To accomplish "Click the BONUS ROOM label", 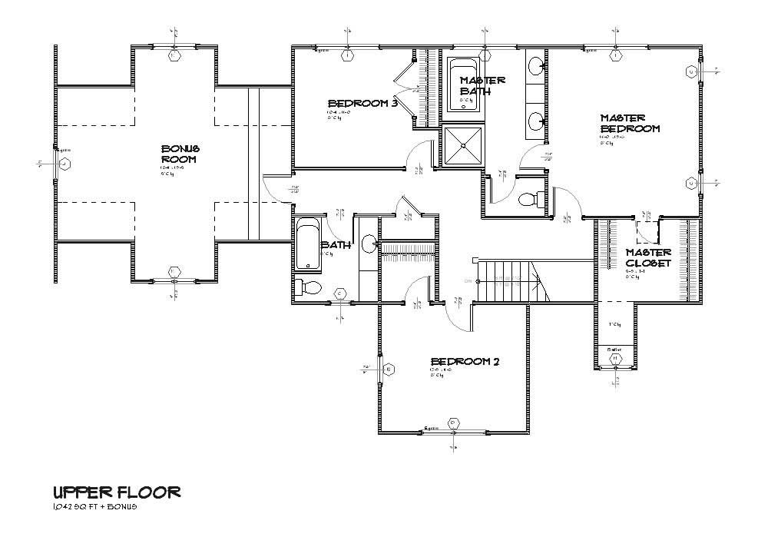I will (x=180, y=153).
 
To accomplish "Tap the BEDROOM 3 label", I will (x=362, y=104).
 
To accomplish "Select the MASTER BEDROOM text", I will (x=629, y=124).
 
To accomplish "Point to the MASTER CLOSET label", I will (x=648, y=257).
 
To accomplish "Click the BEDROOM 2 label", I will (x=465, y=362).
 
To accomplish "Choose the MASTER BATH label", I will (x=482, y=85).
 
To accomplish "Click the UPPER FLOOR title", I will (x=117, y=492).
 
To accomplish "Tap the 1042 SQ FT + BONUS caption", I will (x=95, y=507).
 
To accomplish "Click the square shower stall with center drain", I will (x=462, y=146).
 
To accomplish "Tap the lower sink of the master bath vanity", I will (x=535, y=120).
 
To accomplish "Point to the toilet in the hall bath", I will (x=309, y=288).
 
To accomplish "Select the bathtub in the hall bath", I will (x=308, y=244).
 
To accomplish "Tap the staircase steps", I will (x=511, y=281).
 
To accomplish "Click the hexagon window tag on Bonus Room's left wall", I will (x=65, y=164).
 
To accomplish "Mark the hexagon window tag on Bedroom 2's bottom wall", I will (x=453, y=422).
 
